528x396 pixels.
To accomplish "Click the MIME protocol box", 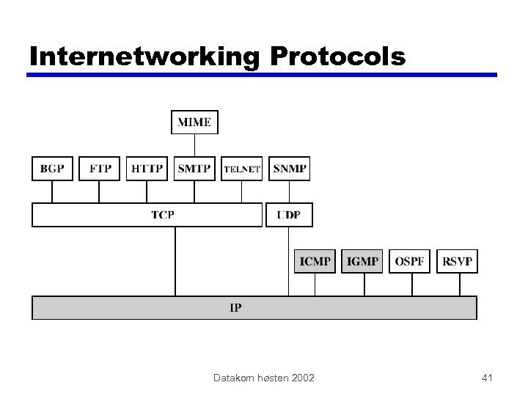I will click(194, 122).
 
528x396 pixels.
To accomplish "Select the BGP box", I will click(52, 169).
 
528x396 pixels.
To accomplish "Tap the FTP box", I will click(100, 169).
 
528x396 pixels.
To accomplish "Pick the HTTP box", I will click(147, 169).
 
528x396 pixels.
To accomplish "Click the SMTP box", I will click(194, 169).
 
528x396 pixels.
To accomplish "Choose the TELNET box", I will click(241, 169).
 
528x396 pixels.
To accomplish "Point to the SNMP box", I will click(289, 169).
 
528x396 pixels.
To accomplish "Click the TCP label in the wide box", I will click(162, 215).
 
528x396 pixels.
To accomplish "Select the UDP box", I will click(289, 215).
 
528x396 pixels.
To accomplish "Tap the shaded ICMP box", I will click(315, 261).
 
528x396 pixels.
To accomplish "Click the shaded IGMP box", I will click(362, 261).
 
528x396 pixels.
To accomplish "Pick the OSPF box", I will click(409, 261).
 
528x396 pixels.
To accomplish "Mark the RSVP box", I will click(457, 261).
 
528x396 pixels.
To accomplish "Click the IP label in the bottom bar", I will click(235, 308).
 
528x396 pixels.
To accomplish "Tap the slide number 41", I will click(487, 378).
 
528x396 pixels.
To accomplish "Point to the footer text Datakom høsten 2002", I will click(263, 378).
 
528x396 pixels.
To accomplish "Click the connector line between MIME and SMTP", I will click(194, 145).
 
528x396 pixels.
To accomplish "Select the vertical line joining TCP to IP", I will click(175, 261).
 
